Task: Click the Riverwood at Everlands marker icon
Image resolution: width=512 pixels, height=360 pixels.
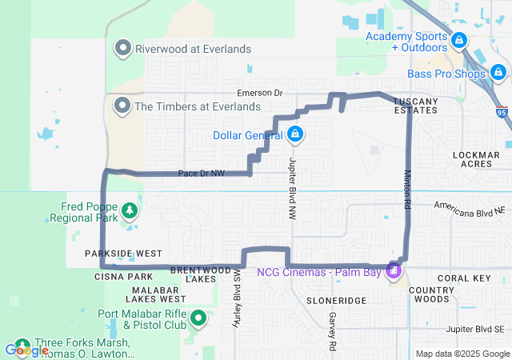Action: pos(123,49)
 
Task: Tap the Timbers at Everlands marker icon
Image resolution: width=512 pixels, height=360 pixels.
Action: pos(123,106)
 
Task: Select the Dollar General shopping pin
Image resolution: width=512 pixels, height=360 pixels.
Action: pos(295,134)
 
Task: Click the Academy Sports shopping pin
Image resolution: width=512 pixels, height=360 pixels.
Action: pos(458,40)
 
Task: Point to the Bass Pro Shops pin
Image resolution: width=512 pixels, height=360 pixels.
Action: pos(499,74)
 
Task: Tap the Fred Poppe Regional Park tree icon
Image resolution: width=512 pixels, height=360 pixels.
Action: pos(129,211)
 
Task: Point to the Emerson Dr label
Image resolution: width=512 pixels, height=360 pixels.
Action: pos(255,93)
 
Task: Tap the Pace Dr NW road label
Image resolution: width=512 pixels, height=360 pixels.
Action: pos(201,173)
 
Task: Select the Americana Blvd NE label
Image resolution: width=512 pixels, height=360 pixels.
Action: pos(470,206)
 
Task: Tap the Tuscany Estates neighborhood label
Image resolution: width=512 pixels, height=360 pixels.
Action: pos(415,105)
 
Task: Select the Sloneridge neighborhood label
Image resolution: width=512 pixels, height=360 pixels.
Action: pos(336,299)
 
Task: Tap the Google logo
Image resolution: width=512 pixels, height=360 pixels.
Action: pos(27,350)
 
